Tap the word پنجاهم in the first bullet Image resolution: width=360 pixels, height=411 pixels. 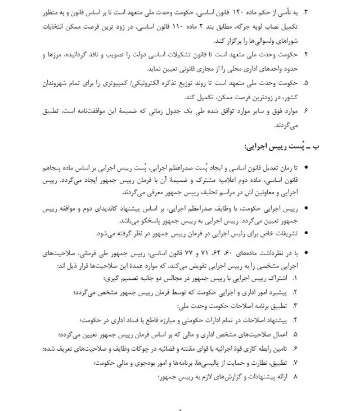[x=54, y=168]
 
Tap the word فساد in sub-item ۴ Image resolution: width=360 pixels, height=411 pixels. [x=130, y=319]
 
